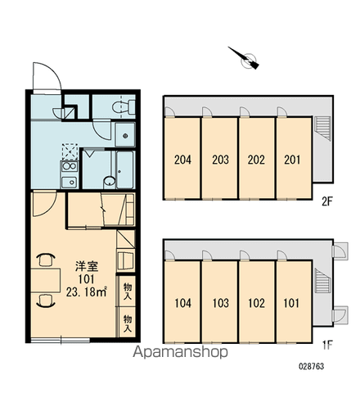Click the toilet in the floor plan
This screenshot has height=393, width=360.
[x=124, y=106]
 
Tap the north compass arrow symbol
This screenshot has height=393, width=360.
[x=245, y=58]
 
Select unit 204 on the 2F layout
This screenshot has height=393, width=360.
[x=182, y=160]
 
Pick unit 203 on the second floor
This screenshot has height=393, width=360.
[x=220, y=160]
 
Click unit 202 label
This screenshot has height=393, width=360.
[x=256, y=160]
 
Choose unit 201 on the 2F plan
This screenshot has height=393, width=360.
[x=292, y=160]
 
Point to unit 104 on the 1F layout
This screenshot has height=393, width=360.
[x=182, y=303]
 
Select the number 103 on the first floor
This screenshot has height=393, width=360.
[x=220, y=303]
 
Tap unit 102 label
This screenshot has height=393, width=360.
[x=256, y=303]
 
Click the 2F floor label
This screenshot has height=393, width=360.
[x=327, y=201]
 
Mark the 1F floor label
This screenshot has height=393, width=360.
[x=327, y=346]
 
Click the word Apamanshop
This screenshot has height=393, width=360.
[x=180, y=352]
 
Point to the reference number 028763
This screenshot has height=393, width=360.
[x=312, y=366]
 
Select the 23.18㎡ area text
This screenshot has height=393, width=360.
[x=86, y=292]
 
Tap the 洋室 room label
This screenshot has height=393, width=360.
[x=87, y=266]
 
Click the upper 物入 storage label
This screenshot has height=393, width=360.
[x=128, y=291]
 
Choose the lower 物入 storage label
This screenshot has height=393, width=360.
[x=128, y=323]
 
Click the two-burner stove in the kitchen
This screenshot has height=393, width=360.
[x=70, y=166]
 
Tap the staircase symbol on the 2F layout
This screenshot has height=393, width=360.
[x=322, y=129]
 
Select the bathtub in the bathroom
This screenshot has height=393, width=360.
[x=125, y=169]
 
